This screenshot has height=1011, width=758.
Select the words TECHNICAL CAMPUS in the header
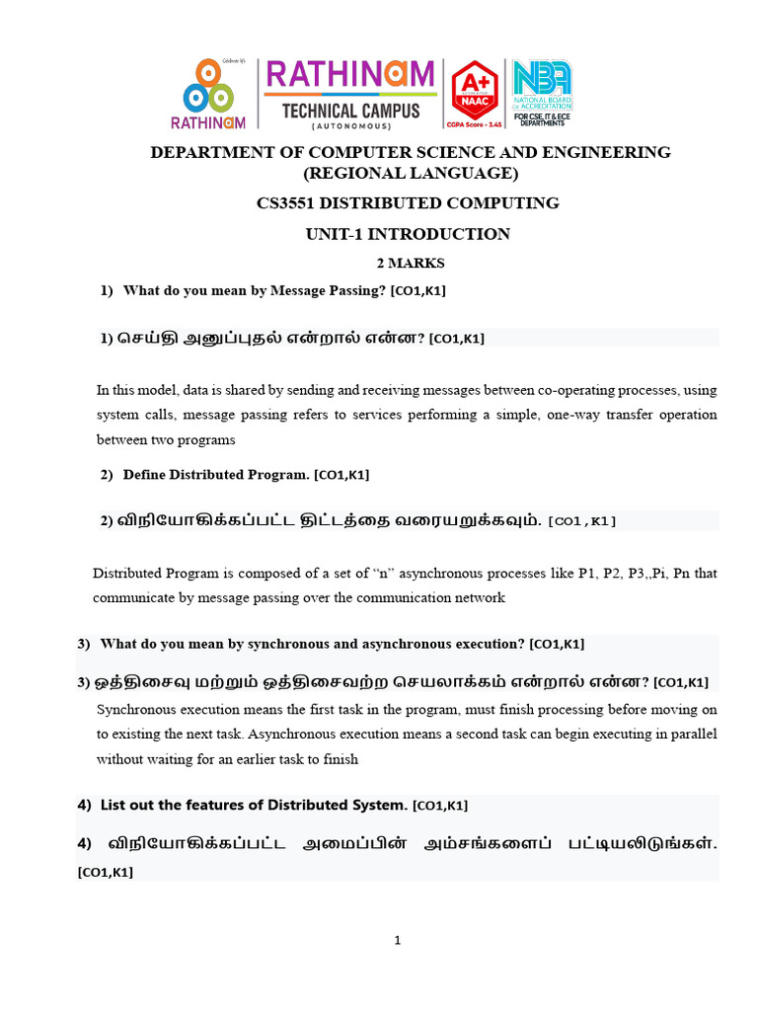350,111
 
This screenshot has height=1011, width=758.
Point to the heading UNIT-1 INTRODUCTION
409,234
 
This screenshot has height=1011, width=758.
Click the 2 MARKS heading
411,264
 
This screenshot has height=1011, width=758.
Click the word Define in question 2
144,475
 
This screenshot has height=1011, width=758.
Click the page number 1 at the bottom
398,941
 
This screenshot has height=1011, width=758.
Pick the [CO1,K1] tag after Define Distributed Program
341,476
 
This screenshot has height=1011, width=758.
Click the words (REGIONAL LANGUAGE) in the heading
410,174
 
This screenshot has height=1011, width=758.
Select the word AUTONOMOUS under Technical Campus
350,126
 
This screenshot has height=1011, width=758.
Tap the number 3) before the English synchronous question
84,644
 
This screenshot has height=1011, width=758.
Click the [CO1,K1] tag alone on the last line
105,873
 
